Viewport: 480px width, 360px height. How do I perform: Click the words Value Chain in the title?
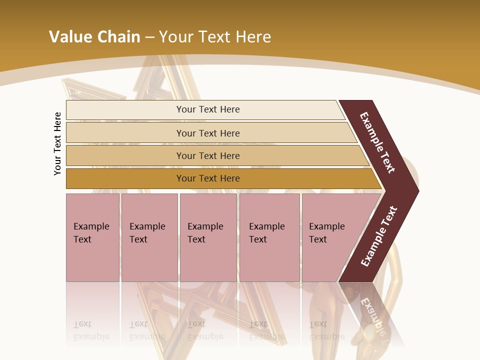click(x=94, y=37)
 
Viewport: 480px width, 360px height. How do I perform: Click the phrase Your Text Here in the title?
click(x=215, y=37)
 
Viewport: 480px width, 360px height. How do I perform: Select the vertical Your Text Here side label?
click(x=58, y=144)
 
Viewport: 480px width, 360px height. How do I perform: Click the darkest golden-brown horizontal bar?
click(x=125, y=178)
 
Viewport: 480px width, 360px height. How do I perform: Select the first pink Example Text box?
click(x=92, y=237)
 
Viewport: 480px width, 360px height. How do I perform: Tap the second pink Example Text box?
click(x=149, y=237)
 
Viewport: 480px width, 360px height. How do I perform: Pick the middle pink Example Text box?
click(x=208, y=237)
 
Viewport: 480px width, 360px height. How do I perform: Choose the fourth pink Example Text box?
click(x=269, y=237)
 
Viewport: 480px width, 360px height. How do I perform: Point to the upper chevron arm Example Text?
click(x=377, y=142)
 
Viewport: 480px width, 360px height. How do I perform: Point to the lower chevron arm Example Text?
click(x=379, y=236)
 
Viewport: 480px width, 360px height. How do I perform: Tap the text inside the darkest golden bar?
click(x=208, y=178)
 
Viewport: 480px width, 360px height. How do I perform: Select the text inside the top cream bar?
click(x=208, y=109)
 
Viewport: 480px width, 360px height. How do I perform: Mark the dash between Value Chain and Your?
click(x=149, y=37)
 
